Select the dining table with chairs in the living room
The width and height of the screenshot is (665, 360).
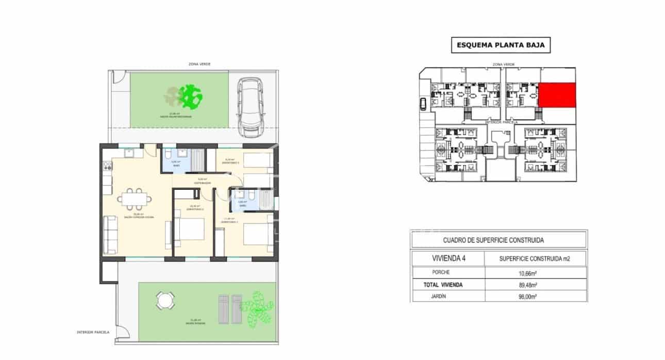coord(135,198)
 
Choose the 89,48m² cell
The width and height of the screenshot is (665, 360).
coord(536,284)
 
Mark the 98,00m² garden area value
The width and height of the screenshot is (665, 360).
coord(536,296)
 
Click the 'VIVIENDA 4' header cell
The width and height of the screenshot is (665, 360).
coord(447,258)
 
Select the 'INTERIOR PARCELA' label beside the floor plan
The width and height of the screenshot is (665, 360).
coord(92,332)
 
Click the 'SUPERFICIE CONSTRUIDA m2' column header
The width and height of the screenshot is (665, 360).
coord(536,258)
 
